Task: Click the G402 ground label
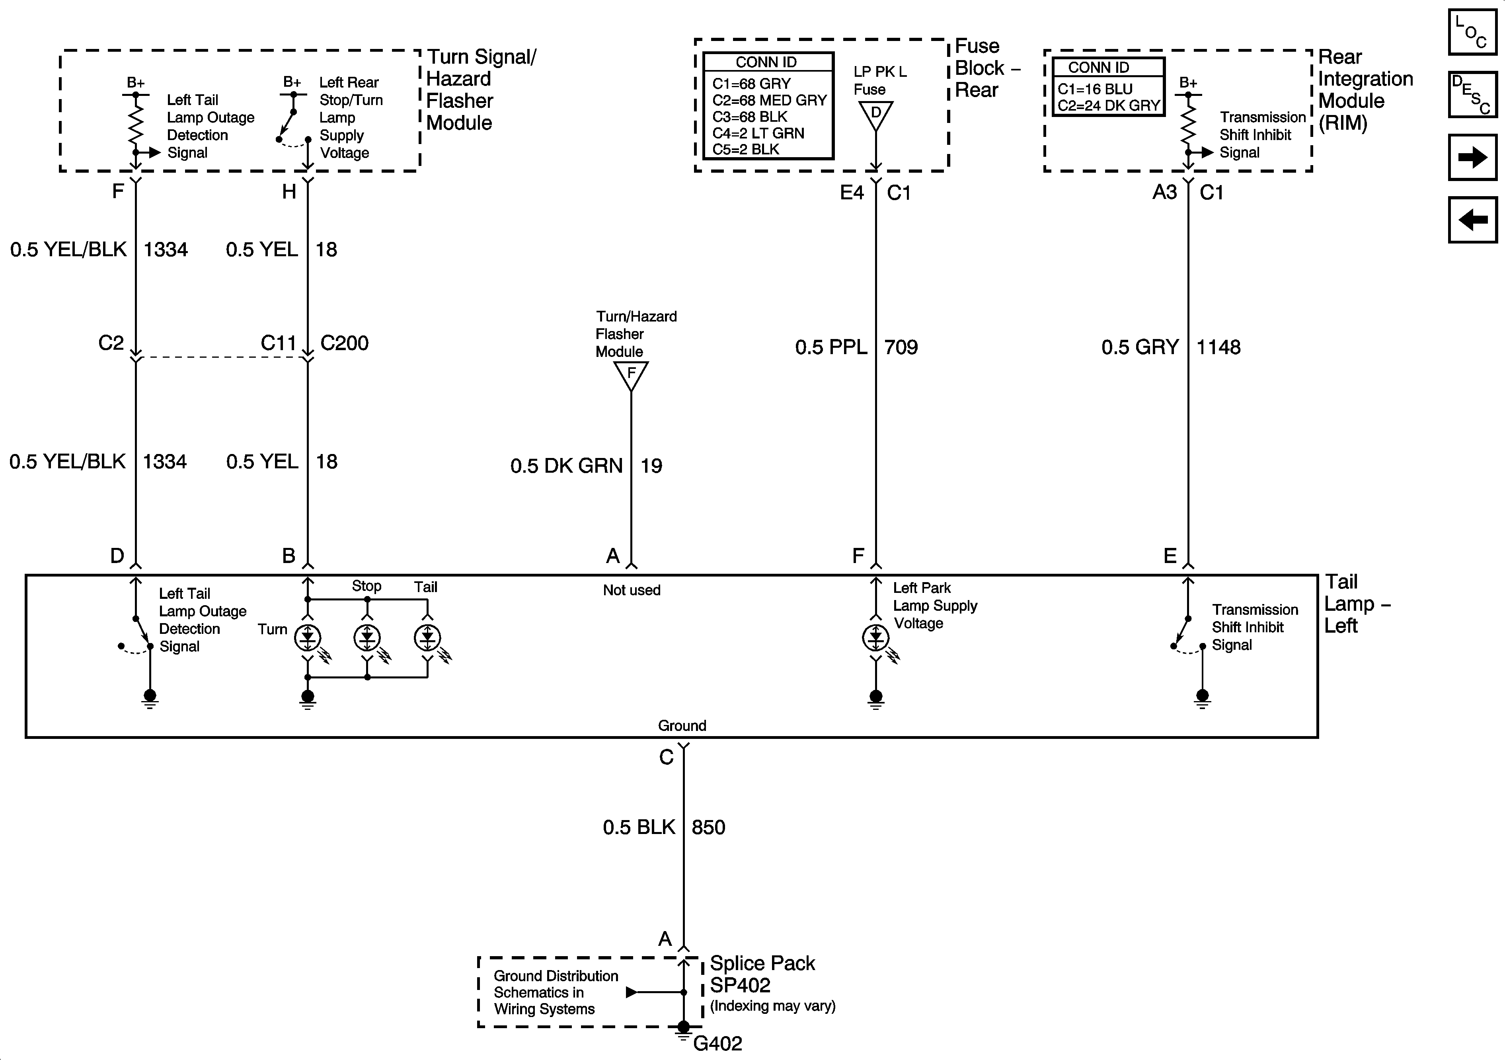[x=717, y=1043]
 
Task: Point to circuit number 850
[x=708, y=827]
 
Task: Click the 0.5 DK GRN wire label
[x=566, y=466]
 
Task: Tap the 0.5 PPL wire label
[x=830, y=347]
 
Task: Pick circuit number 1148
[x=1218, y=347]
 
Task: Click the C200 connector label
[x=344, y=343]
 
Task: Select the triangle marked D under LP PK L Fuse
[x=876, y=115]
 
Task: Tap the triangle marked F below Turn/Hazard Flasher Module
[x=631, y=375]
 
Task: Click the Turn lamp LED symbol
[x=308, y=637]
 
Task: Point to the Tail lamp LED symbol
[x=427, y=637]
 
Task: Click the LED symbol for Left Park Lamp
[x=876, y=637]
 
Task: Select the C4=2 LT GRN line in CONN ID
[x=758, y=133]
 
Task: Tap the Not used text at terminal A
[x=631, y=590]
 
